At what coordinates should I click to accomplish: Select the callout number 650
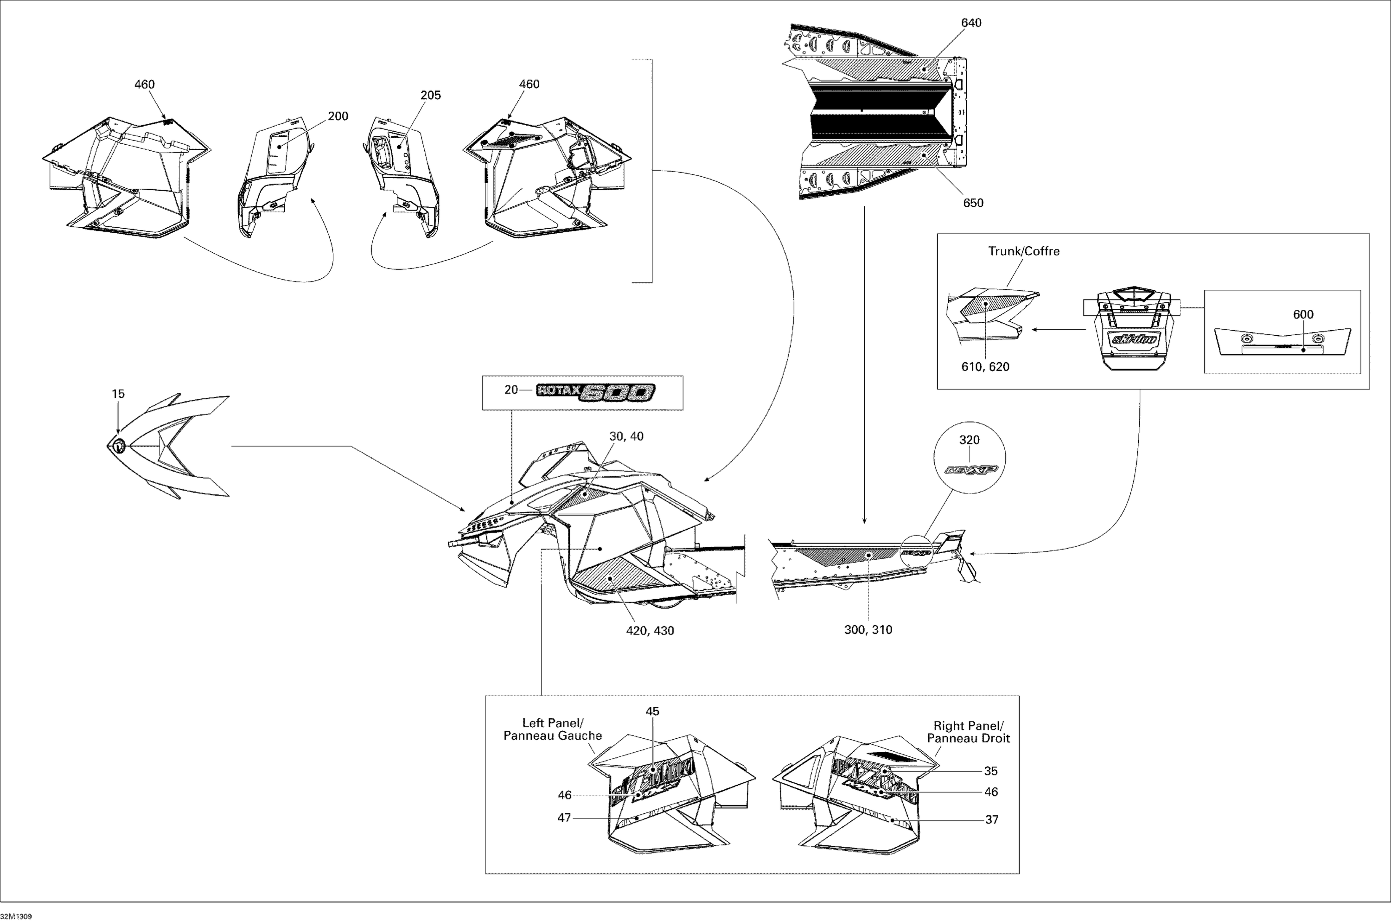point(973,203)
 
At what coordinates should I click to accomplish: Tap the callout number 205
point(430,95)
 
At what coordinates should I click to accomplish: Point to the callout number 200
point(338,116)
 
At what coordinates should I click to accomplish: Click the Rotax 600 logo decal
point(596,392)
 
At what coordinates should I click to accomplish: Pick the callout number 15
point(118,394)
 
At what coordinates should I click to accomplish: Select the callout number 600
point(1303,315)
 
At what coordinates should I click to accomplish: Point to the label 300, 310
point(868,630)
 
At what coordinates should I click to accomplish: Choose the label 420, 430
point(650,631)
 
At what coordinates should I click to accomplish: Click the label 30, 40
point(626,436)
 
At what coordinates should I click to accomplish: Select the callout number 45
point(652,711)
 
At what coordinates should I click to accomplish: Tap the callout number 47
point(564,818)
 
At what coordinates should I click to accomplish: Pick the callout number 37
point(992,819)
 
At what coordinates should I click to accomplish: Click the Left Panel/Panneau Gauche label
point(553,729)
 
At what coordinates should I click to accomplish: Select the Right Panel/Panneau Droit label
point(968,732)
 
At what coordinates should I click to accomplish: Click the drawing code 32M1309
point(16,916)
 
